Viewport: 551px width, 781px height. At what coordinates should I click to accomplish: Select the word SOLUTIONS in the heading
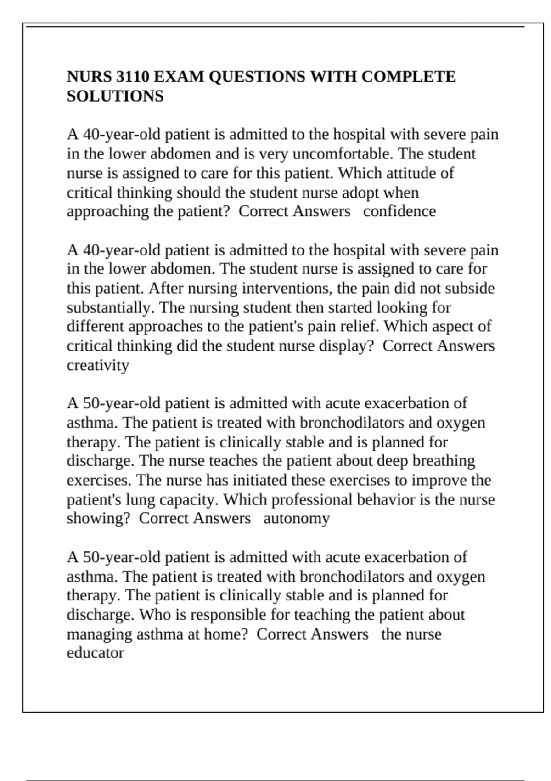[115, 96]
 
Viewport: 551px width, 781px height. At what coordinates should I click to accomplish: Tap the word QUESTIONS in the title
[257, 76]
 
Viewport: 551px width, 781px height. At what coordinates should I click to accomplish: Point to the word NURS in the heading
[85, 76]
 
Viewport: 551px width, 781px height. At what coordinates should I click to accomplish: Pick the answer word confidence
[399, 211]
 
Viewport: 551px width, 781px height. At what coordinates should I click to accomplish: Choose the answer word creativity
[98, 365]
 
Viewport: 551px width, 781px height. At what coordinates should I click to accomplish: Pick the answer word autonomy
[297, 518]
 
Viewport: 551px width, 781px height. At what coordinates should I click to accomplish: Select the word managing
[99, 634]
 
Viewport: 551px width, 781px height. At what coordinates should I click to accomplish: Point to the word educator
[95, 653]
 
